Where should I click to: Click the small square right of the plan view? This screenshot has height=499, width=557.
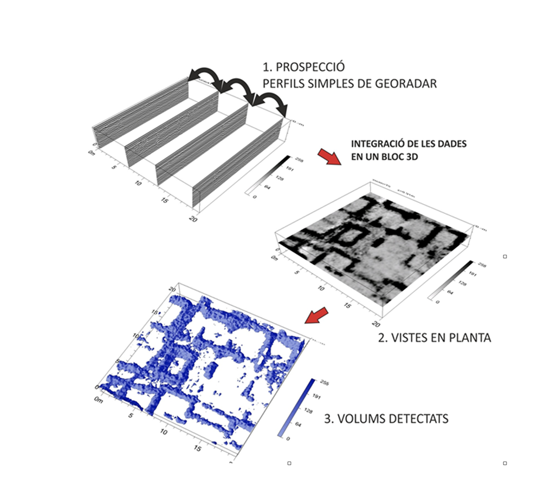(505, 257)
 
